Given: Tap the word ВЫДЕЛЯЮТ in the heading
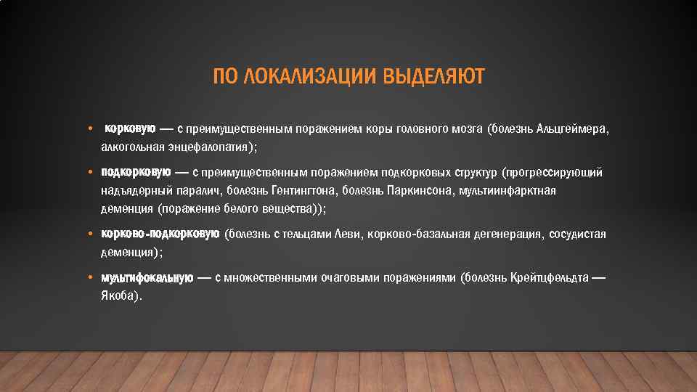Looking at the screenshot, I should point(433,77).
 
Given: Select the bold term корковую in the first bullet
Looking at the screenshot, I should point(130,129).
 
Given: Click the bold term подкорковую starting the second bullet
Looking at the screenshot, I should point(136,173).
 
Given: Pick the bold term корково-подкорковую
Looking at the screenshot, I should point(160,234).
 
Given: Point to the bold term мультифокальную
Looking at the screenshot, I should point(147,278).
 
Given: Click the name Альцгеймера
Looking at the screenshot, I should point(571,129).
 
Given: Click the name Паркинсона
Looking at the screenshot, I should point(414,190).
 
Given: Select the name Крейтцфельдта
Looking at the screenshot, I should point(549,278).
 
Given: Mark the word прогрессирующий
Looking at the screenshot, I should point(557,173).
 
